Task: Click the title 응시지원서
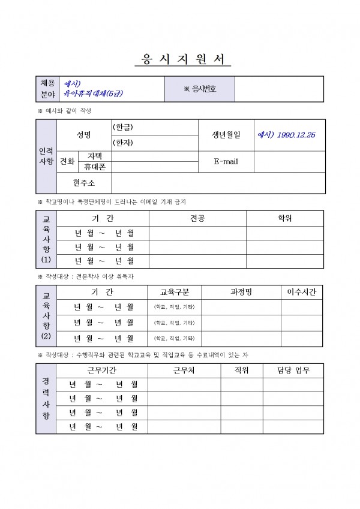click(x=179, y=59)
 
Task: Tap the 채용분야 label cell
click(x=47, y=89)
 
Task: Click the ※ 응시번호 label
click(x=200, y=89)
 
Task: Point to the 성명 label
click(x=84, y=135)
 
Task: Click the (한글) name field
click(x=154, y=128)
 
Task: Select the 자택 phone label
click(x=95, y=156)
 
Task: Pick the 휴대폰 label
click(x=95, y=167)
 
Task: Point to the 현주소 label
click(x=84, y=182)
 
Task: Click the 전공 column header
click(x=197, y=218)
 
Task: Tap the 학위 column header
click(x=284, y=218)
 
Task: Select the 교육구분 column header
click(x=174, y=292)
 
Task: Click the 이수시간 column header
click(x=302, y=292)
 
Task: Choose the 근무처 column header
click(x=184, y=370)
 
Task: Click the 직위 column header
click(x=241, y=370)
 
